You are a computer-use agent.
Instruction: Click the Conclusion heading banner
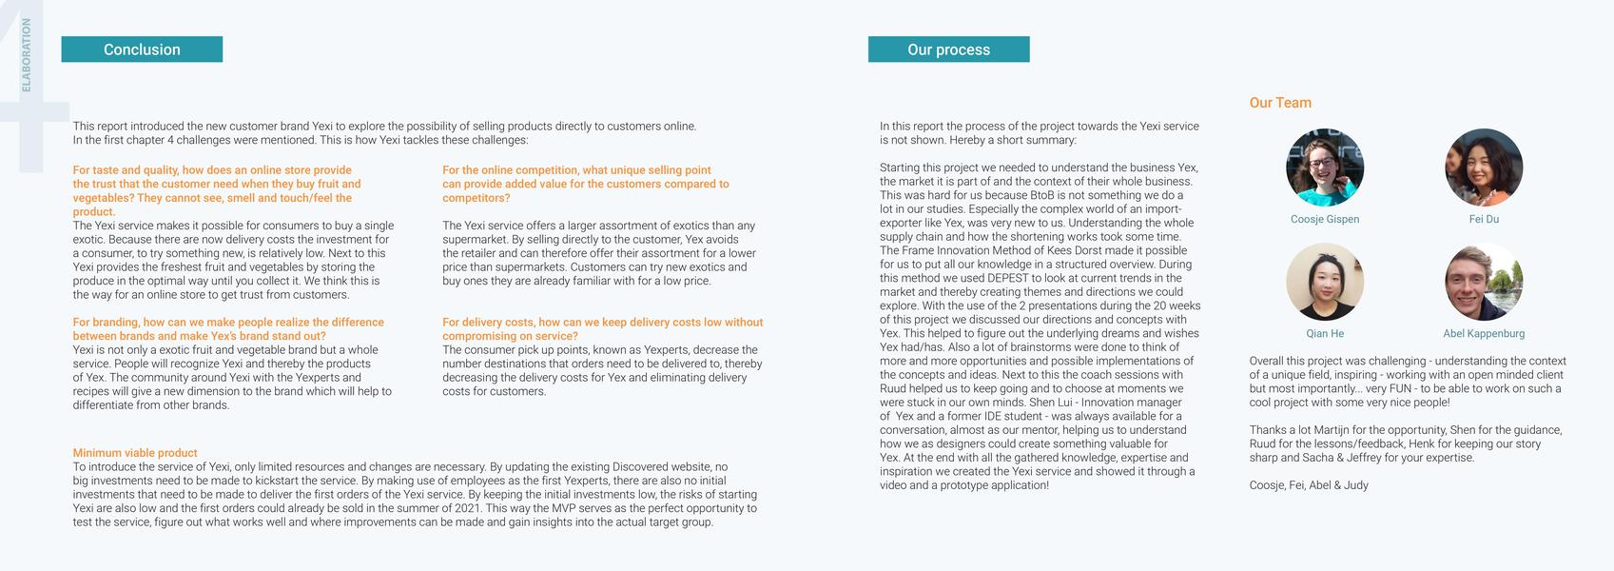coord(142,49)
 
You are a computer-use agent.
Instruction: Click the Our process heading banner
coord(948,49)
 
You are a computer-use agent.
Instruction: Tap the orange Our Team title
coord(1279,103)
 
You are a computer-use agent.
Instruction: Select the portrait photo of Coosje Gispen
coord(1324,167)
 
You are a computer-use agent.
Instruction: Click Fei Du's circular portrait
coord(1483,167)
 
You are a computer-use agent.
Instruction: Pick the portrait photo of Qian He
coord(1324,282)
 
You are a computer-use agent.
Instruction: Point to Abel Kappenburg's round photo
coord(1483,282)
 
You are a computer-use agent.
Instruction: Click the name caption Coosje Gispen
coord(1324,219)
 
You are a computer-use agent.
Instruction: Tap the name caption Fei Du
coord(1483,219)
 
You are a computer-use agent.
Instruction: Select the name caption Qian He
coord(1324,334)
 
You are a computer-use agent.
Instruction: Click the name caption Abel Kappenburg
coord(1483,334)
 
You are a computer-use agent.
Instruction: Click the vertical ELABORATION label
coord(27,55)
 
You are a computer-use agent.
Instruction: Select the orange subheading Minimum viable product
coord(135,453)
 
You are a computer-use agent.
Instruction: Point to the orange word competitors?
coord(476,198)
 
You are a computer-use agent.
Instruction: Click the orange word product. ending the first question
coord(93,212)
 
